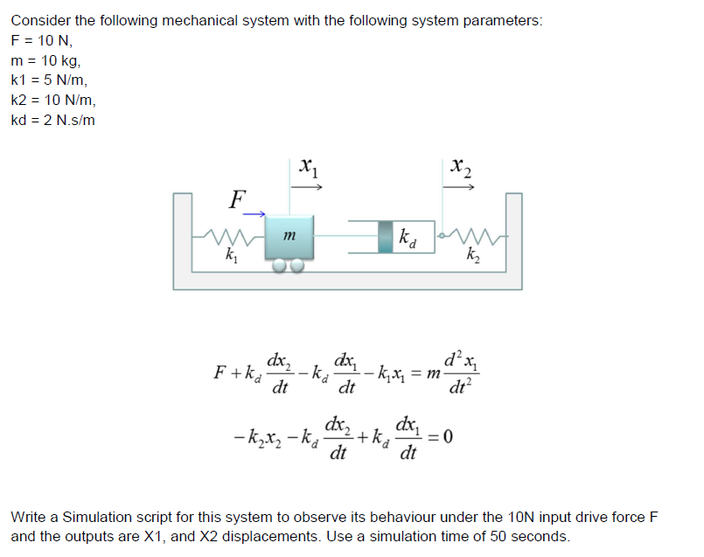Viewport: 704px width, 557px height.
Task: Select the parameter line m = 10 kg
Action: click(45, 59)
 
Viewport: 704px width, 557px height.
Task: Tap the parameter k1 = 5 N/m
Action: click(47, 80)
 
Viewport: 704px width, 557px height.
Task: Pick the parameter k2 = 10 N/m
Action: click(51, 100)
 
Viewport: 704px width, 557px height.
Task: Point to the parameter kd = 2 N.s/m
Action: click(52, 120)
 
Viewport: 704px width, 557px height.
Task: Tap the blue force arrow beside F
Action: click(254, 212)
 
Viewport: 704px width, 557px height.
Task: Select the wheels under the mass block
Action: click(288, 263)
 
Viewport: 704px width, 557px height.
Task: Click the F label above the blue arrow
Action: click(234, 198)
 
